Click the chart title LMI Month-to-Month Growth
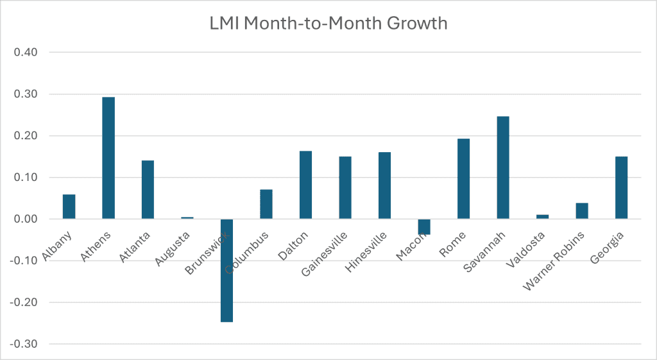[x=328, y=24]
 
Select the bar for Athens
[x=108, y=158]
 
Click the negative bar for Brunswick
[x=226, y=270]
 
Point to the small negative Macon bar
[x=424, y=227]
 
